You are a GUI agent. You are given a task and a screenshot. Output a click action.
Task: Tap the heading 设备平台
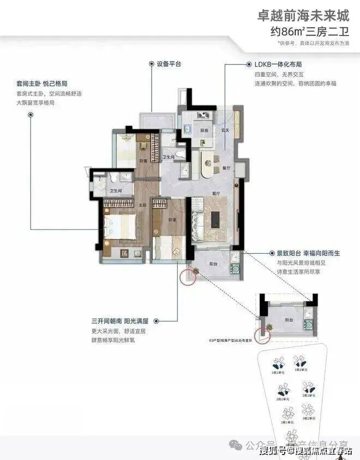(x=169, y=64)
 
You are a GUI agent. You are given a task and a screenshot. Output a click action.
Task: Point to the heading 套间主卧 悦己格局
(x=41, y=85)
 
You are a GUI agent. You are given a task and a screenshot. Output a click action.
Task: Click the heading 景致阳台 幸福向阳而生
(x=309, y=253)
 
